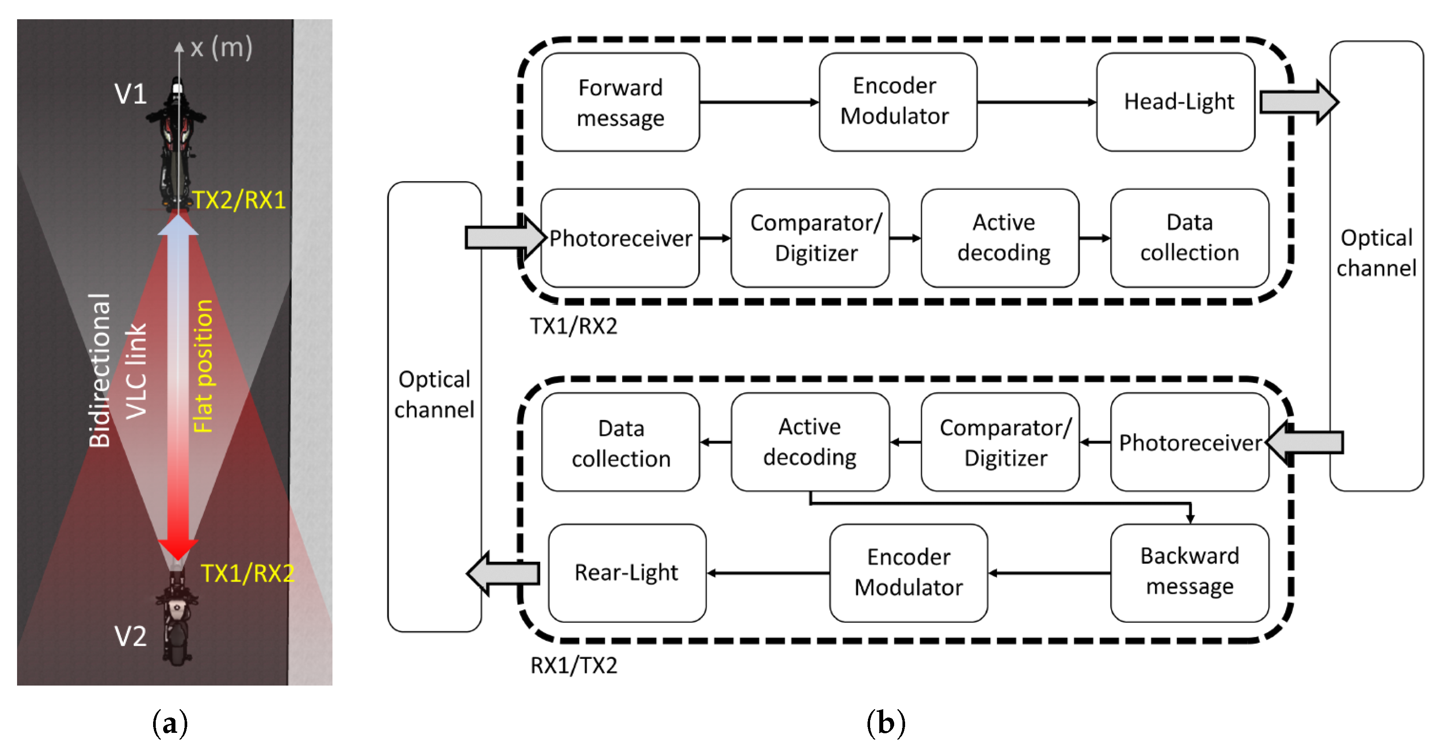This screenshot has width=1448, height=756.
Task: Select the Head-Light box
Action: point(1175,102)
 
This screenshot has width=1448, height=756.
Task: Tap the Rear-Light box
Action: point(627,573)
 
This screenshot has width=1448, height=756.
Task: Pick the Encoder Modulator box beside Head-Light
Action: point(898,102)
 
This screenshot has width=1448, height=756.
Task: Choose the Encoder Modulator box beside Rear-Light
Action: point(908,573)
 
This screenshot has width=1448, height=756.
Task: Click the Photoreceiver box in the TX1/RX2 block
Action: point(620,238)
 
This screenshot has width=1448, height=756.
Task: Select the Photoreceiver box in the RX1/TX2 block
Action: point(1189,442)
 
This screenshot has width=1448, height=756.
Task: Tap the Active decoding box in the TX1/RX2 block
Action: point(1000,238)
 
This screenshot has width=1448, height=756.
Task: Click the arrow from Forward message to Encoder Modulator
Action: point(759,102)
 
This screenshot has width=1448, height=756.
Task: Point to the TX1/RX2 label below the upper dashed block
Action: point(574,326)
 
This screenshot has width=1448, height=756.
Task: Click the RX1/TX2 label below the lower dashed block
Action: point(574,665)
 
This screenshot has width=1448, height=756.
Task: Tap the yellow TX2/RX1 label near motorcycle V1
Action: point(239,200)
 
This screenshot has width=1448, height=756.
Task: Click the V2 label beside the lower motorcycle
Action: point(130,636)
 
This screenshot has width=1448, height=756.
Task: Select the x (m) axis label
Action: point(221,48)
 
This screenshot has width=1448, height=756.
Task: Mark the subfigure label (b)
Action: point(885,723)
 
